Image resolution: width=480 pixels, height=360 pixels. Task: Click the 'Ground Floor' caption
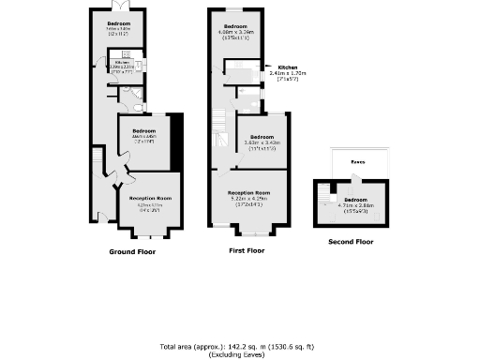pos(132,252)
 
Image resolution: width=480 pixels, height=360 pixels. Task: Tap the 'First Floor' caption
pos(247,251)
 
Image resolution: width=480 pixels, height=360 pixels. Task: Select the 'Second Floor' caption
pos(351,242)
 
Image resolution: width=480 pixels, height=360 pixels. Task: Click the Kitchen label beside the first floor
pos(288,67)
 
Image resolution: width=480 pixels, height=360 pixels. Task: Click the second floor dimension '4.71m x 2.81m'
pos(354,205)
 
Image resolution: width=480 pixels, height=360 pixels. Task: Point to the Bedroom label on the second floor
pos(354,200)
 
